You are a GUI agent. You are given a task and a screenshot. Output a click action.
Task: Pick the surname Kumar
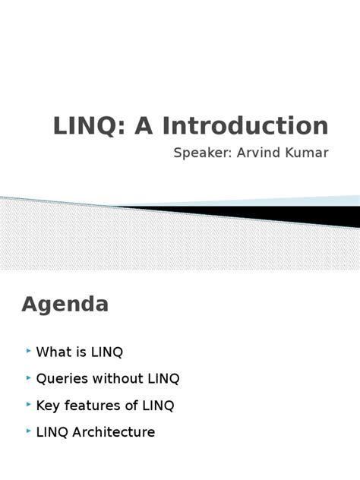[x=307, y=153]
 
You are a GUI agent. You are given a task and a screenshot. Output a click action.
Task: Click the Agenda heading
[x=65, y=305]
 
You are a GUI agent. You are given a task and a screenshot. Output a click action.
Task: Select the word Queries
[x=60, y=379]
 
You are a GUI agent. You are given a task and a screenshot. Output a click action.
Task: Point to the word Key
[x=48, y=406]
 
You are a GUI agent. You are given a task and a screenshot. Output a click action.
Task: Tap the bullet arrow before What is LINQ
[x=28, y=352]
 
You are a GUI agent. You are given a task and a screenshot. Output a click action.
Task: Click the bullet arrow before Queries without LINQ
[x=28, y=378]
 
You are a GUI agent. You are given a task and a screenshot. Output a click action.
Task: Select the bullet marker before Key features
[x=28, y=405]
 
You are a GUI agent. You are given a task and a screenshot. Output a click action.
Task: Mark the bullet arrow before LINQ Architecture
[x=28, y=431]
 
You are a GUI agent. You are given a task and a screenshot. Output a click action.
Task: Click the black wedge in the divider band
[x=304, y=215]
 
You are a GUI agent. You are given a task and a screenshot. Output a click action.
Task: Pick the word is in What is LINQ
[x=80, y=352]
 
